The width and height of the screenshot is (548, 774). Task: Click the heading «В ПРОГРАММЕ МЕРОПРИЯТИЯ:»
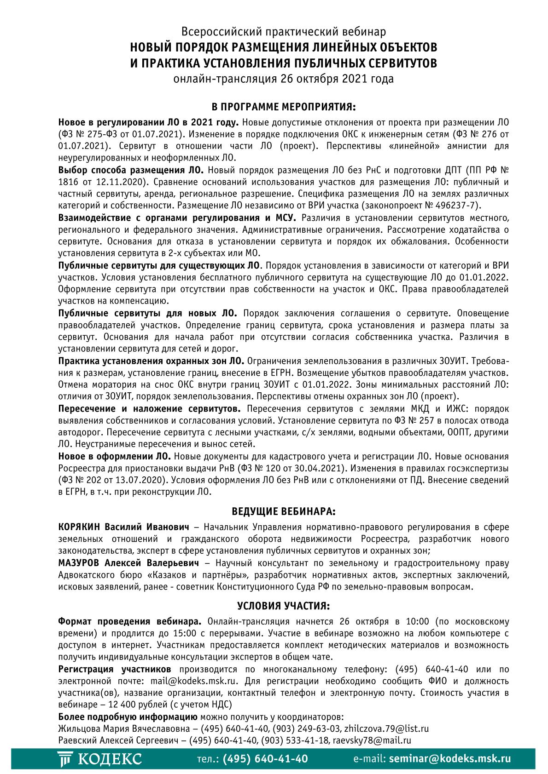(283, 107)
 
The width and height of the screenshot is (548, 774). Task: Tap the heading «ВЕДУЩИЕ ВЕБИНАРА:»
(283, 511)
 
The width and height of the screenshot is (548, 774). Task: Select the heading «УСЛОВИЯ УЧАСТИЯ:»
(283, 605)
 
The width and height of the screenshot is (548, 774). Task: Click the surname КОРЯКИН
(79, 527)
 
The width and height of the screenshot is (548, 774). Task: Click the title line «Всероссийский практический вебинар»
(283, 32)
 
